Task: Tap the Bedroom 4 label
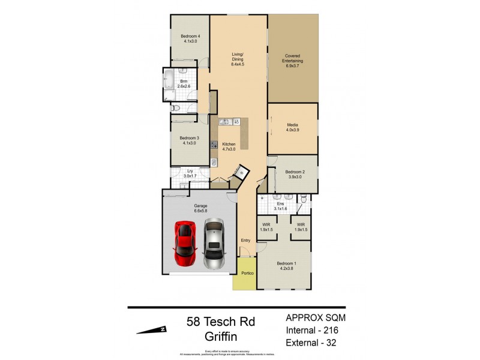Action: pyautogui.click(x=190, y=39)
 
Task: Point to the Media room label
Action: pyautogui.click(x=292, y=128)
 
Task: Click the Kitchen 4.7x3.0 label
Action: pyautogui.click(x=229, y=147)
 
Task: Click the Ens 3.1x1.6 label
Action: pyautogui.click(x=280, y=206)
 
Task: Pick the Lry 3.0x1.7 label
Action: pyautogui.click(x=180, y=173)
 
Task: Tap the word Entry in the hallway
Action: pyautogui.click(x=245, y=241)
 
